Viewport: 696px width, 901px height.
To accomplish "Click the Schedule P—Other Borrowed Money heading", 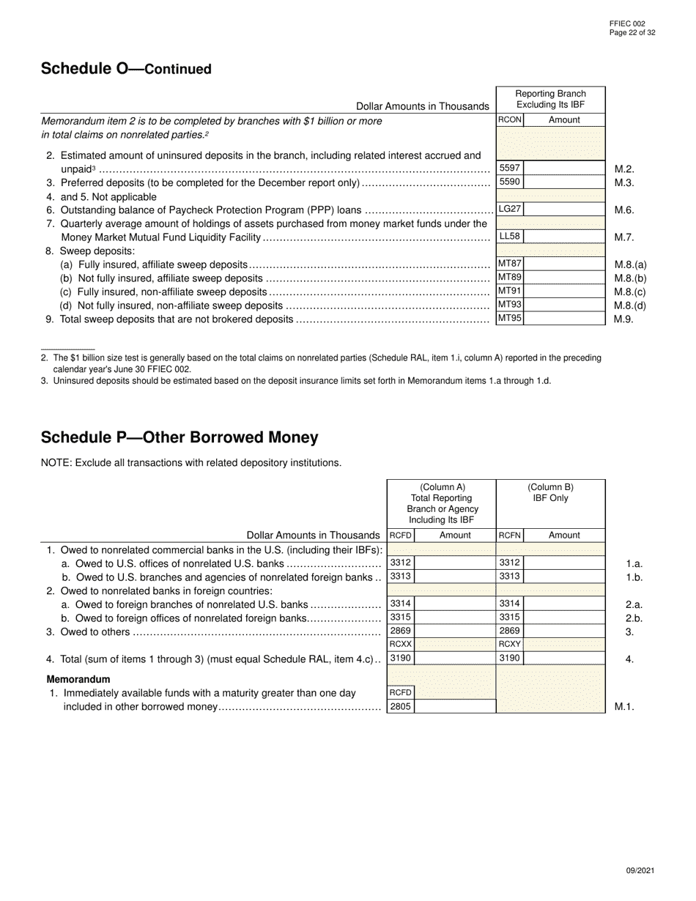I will click(179, 437).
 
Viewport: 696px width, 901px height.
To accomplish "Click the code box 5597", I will click(510, 168).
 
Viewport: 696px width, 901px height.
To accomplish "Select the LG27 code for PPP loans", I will click(510, 210).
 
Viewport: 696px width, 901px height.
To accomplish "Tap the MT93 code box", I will click(510, 305).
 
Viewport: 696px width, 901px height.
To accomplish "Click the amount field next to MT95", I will click(564, 319).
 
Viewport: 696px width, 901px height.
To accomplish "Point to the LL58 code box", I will click(510, 237).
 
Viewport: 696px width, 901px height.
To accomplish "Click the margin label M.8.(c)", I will click(630, 292).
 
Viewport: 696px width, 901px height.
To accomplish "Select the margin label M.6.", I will click(624, 210).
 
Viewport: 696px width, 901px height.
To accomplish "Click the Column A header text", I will click(442, 503).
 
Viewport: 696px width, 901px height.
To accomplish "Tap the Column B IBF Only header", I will click(550, 493).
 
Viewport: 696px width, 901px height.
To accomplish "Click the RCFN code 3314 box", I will click(510, 604).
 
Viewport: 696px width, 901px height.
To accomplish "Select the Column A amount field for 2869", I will click(455, 631).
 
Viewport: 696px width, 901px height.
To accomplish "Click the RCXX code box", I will click(400, 645).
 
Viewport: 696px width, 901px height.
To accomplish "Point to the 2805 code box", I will click(400, 707).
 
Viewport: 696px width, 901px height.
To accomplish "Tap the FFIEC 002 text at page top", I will click(627, 23).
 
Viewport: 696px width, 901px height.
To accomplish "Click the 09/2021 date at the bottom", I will click(640, 870).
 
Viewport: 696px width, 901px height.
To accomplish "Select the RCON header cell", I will click(510, 120).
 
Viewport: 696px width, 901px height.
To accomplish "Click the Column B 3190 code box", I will click(510, 659).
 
